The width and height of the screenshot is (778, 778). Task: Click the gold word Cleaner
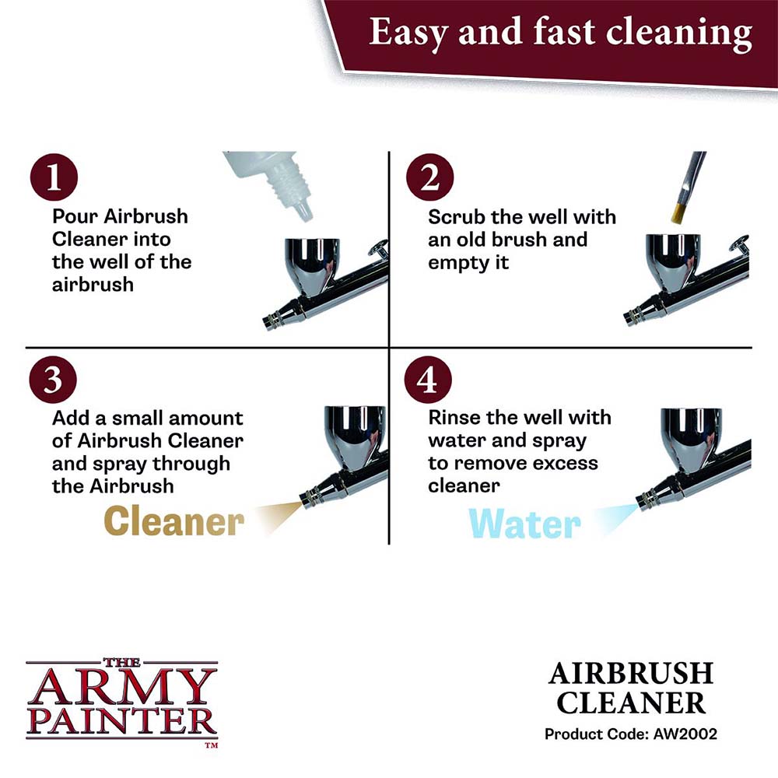[173, 520]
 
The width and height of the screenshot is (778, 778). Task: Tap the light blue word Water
[525, 524]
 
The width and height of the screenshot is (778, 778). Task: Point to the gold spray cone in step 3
[277, 515]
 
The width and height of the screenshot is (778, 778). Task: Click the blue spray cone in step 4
[614, 517]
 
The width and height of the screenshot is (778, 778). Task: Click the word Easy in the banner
[405, 33]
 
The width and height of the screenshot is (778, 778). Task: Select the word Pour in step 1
[75, 216]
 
